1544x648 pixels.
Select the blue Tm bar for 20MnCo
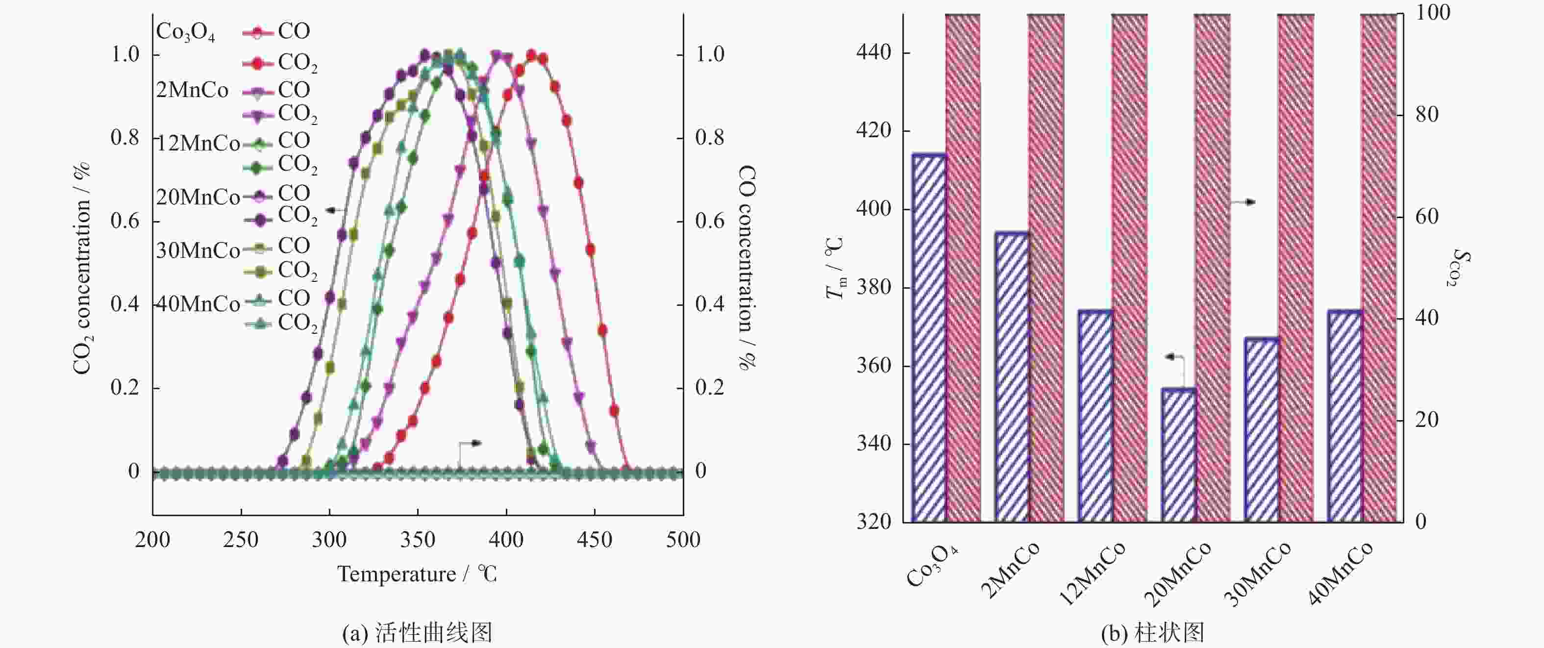pos(1178,455)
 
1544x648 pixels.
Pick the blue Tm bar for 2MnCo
pos(1012,377)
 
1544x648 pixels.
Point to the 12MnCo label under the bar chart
pos(1093,573)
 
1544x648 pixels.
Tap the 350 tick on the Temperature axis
pos(418,540)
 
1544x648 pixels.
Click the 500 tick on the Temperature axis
pos(683,540)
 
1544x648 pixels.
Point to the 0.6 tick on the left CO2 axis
pos(125,221)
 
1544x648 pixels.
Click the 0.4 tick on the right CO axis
pos(710,304)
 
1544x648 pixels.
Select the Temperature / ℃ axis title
pos(417,574)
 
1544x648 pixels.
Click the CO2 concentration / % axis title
pos(81,268)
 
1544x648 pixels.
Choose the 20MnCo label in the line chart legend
pos(198,197)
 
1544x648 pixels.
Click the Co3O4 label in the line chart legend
pos(185,32)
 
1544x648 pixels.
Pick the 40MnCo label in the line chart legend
pos(198,304)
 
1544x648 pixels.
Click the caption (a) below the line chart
pos(417,633)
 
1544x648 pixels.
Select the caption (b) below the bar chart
pos(1152,633)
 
